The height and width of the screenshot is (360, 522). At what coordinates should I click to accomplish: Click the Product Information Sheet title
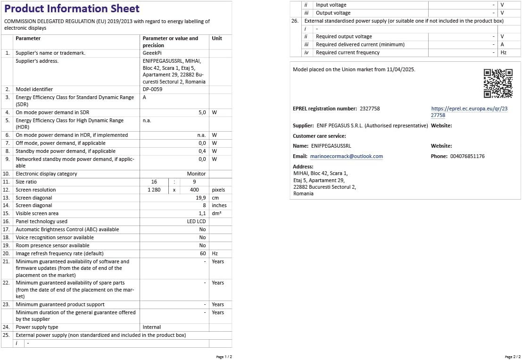[x=72, y=9]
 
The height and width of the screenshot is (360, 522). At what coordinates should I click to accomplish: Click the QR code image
[x=498, y=83]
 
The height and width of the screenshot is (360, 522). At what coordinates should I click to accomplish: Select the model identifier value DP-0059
[x=153, y=89]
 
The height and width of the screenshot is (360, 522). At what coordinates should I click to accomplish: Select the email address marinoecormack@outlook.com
[x=346, y=156]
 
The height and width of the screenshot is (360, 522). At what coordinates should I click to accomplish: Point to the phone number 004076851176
[x=467, y=156]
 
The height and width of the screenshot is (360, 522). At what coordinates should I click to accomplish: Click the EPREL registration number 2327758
[x=370, y=109]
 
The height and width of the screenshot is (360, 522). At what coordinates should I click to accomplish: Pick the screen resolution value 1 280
[x=154, y=190]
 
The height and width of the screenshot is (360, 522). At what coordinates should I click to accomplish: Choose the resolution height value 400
[x=194, y=190]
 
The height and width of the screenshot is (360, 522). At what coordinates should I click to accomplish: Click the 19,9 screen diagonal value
[x=201, y=198]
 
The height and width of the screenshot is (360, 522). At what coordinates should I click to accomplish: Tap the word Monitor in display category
[x=196, y=174]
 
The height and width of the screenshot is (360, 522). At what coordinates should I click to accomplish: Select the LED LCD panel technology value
[x=196, y=221]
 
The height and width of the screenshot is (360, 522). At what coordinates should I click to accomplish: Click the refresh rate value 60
[x=203, y=253]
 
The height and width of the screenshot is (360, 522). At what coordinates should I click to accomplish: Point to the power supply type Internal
[x=152, y=327]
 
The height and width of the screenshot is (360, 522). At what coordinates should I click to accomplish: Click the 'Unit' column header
[x=217, y=38]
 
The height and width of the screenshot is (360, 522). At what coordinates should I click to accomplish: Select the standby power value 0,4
[x=202, y=151]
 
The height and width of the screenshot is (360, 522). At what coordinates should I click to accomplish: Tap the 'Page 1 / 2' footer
[x=224, y=357]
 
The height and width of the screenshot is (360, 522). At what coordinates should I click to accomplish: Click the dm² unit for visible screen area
[x=217, y=213]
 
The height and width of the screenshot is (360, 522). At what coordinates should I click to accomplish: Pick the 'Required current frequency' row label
[x=348, y=52]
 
